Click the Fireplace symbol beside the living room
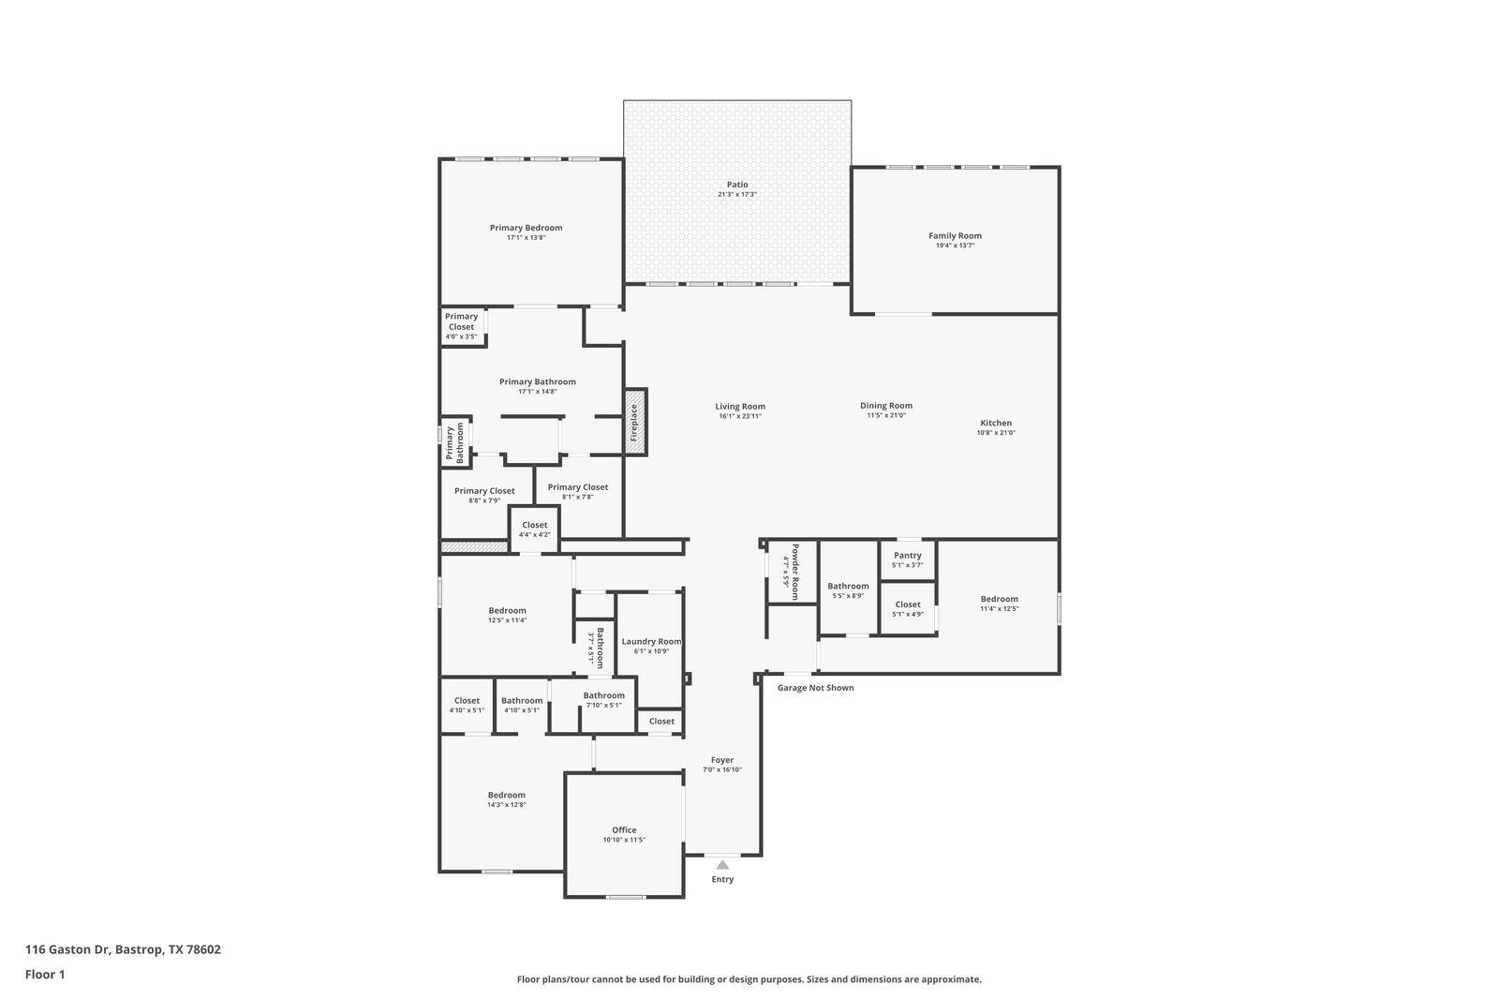click(635, 423)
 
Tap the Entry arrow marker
click(722, 865)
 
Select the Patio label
click(737, 185)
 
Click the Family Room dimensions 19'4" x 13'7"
click(955, 246)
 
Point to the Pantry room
click(907, 559)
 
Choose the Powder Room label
click(794, 572)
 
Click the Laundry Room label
click(651, 642)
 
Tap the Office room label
click(624, 829)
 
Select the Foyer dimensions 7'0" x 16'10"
click(722, 769)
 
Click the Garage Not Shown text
click(815, 688)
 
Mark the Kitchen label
click(996, 423)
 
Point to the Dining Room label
click(885, 406)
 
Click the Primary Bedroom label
click(526, 228)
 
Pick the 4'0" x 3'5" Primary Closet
click(461, 326)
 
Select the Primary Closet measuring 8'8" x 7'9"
click(484, 495)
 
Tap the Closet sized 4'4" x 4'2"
click(534, 529)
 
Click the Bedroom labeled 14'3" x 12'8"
click(506, 798)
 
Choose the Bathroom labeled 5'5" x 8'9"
click(848, 590)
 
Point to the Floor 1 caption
click(45, 975)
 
